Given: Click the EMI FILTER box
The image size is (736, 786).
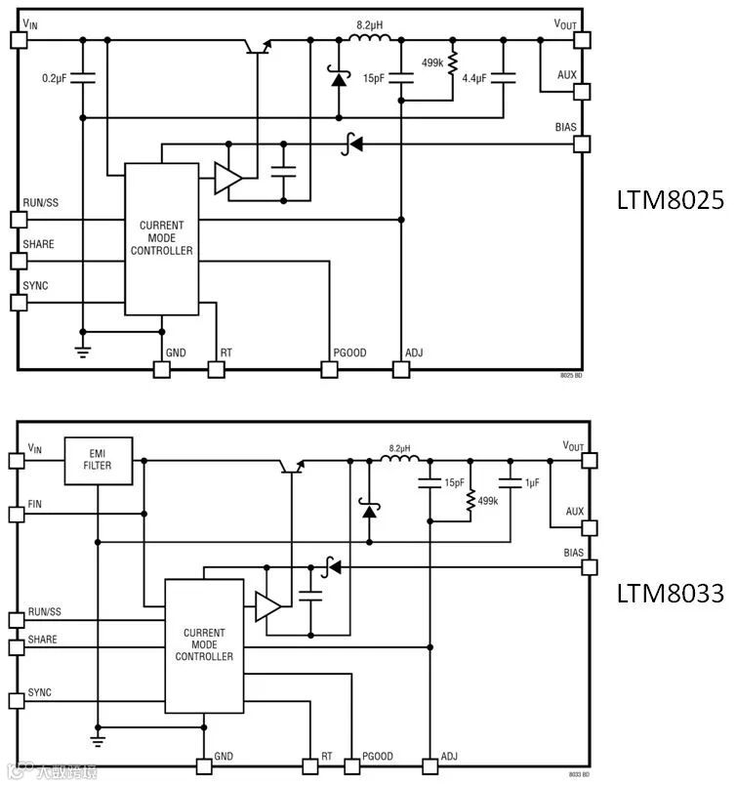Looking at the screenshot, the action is tap(97, 459).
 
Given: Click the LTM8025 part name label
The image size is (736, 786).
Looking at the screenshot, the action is tap(669, 199).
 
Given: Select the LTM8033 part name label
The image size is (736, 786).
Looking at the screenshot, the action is tap(669, 593).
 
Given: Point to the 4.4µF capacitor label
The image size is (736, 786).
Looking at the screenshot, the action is tap(474, 78).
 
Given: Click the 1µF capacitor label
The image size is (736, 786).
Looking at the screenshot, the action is tap(533, 482).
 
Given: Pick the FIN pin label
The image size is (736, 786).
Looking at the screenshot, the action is tap(35, 503).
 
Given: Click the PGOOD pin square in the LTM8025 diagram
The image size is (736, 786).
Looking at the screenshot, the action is tap(329, 370).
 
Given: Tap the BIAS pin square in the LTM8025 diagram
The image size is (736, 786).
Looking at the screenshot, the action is tap(582, 144).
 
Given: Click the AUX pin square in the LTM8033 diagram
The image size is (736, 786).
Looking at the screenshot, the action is tap(589, 528).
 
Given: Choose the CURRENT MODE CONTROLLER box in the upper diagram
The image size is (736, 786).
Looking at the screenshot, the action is tap(161, 238).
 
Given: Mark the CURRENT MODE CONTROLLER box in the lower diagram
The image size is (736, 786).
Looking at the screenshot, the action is tap(204, 644).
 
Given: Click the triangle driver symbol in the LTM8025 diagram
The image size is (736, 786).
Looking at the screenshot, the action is tap(227, 178).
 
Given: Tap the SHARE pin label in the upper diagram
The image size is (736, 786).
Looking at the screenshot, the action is tap(39, 244).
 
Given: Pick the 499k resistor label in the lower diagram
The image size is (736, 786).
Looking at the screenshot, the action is tap(488, 501).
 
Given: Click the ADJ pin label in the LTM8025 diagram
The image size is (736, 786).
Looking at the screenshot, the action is tap(413, 353).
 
